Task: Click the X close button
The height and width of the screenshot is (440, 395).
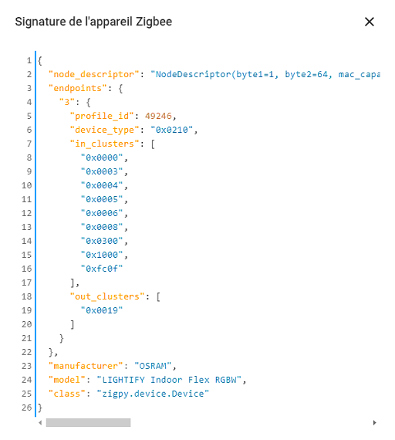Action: [x=370, y=22]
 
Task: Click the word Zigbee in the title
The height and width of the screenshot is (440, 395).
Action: [x=154, y=22]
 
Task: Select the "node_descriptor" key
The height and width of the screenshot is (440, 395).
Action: [x=94, y=74]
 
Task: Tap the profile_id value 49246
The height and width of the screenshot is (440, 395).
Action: [x=158, y=116]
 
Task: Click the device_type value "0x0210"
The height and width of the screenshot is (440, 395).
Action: [x=172, y=130]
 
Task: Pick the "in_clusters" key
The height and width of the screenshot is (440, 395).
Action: [x=105, y=144]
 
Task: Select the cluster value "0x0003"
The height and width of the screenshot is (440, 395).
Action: [x=102, y=171]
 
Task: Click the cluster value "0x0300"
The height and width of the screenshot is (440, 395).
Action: [x=102, y=241]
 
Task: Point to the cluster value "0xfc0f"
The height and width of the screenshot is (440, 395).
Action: [x=102, y=269]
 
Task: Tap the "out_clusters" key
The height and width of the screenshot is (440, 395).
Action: [x=107, y=296]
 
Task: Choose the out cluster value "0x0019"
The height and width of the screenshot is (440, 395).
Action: [x=102, y=310]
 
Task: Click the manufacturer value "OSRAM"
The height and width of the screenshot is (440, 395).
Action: [x=153, y=366]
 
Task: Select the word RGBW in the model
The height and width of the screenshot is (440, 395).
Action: [x=226, y=380]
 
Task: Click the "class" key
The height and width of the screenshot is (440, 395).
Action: [x=67, y=394]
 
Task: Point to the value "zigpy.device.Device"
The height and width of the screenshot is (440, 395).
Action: [x=153, y=394]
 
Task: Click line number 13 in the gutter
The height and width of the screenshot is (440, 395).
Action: [x=27, y=227]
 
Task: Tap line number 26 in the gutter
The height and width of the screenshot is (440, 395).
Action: [x=27, y=408]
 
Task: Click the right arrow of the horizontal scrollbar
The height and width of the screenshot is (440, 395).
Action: [x=374, y=422]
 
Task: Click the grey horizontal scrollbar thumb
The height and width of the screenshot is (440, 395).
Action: [x=89, y=422]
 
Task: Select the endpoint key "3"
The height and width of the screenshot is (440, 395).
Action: [x=67, y=102]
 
